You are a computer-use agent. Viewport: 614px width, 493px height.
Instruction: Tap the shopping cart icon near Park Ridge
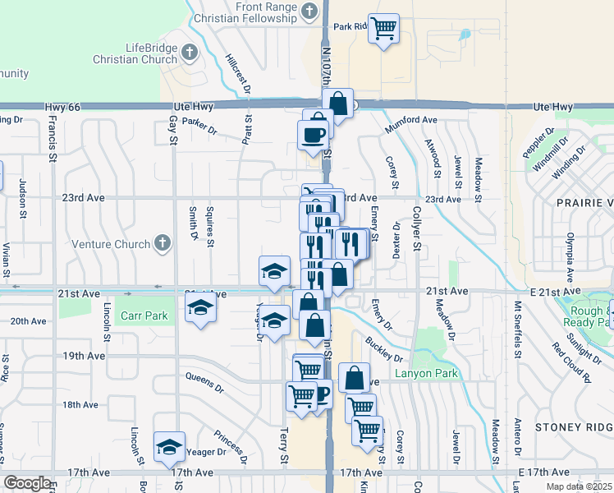point(383,29)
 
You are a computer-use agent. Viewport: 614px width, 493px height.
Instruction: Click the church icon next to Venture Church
point(163,243)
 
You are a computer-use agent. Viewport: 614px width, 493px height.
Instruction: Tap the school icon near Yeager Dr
point(169,447)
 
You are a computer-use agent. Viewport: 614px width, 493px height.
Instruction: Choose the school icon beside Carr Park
point(199,309)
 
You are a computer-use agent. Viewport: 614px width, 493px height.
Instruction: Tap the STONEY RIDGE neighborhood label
point(574,427)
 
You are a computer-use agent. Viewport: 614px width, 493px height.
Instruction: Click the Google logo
point(27,483)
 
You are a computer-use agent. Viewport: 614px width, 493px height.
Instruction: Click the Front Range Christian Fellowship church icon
point(309,11)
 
